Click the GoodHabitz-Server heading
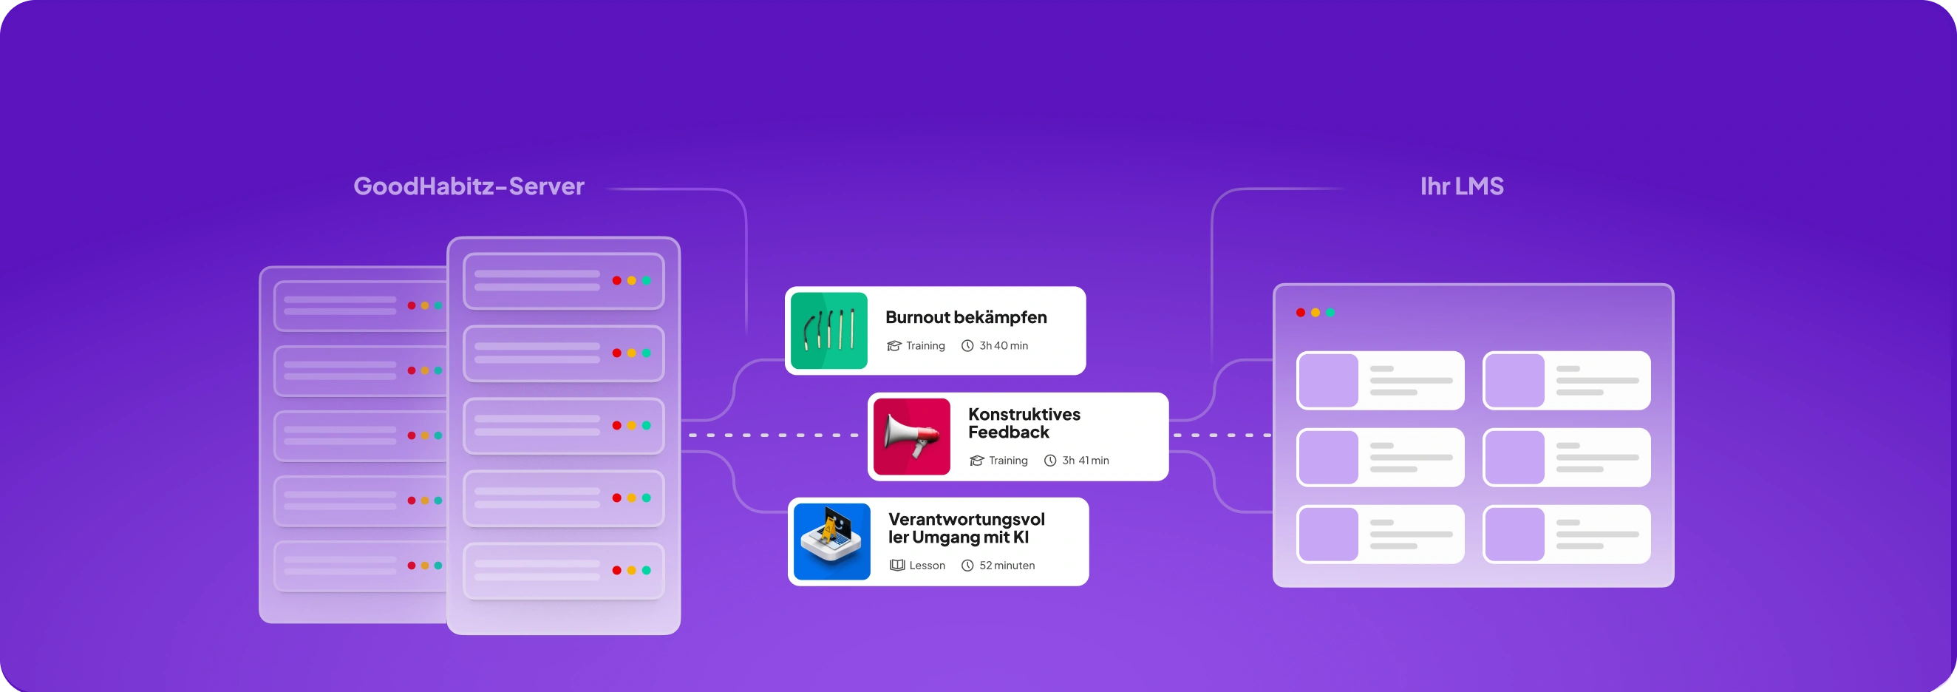pos(469,186)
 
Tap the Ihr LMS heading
pos(1462,186)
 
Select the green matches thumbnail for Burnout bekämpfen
pos(828,330)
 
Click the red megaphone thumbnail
pos(912,437)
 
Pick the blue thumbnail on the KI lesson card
pos(832,542)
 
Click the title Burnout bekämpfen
pos(966,316)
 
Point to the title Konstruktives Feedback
pos(1024,423)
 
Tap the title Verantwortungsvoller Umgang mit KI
pos(966,528)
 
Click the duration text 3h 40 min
pos(1003,345)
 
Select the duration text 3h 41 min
pos(1085,461)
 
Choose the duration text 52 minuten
pos(1007,565)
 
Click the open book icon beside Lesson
pos(897,565)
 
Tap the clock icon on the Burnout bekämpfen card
pos(967,345)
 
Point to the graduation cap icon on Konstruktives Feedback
pos(977,461)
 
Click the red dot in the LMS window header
pos(1301,312)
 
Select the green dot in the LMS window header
pos(1330,312)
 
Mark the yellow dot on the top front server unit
pos(631,280)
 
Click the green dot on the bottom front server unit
pos(647,571)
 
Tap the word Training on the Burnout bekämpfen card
pos(925,345)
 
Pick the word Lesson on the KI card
pos(927,565)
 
